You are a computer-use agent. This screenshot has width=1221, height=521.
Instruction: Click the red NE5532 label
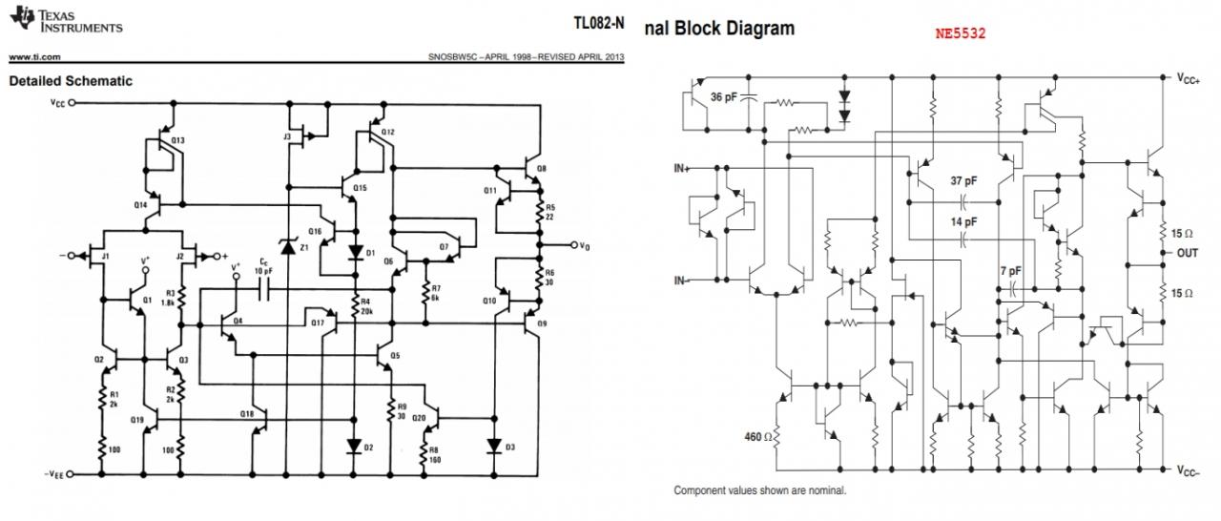960,33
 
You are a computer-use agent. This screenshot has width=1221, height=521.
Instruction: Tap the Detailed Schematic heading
71,81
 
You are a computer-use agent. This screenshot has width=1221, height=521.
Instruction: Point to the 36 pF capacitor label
723,96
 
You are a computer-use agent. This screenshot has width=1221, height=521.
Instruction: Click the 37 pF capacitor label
963,180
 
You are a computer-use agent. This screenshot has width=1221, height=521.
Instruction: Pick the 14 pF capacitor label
963,221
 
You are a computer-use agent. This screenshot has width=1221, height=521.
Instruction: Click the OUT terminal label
1187,253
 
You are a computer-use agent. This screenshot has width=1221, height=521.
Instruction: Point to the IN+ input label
682,168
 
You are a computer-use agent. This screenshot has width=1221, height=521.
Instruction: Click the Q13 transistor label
177,140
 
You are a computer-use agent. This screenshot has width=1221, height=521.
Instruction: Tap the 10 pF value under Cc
264,272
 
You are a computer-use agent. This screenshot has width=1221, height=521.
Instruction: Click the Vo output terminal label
584,246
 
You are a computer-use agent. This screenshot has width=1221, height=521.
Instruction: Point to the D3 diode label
510,447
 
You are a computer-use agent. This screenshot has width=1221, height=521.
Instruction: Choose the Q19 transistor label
136,420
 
